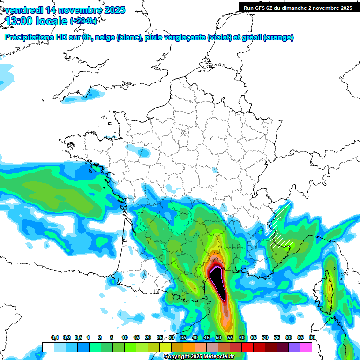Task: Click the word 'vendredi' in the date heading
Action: pyautogui.click(x=23, y=10)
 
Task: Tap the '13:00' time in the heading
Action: pyautogui.click(x=19, y=21)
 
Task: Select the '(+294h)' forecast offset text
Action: pyautogui.click(x=83, y=21)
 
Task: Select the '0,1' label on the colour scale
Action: pyautogui.click(x=55, y=338)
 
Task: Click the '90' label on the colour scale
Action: pyautogui.click(x=312, y=338)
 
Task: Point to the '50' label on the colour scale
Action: pyautogui.click(x=218, y=338)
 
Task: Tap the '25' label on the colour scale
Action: pyautogui.click(x=160, y=338)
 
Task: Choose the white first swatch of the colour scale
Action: pyautogui.click(x=48, y=347)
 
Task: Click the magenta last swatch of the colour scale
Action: pyautogui.click(x=306, y=347)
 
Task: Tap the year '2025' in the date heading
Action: pyautogui.click(x=111, y=10)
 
